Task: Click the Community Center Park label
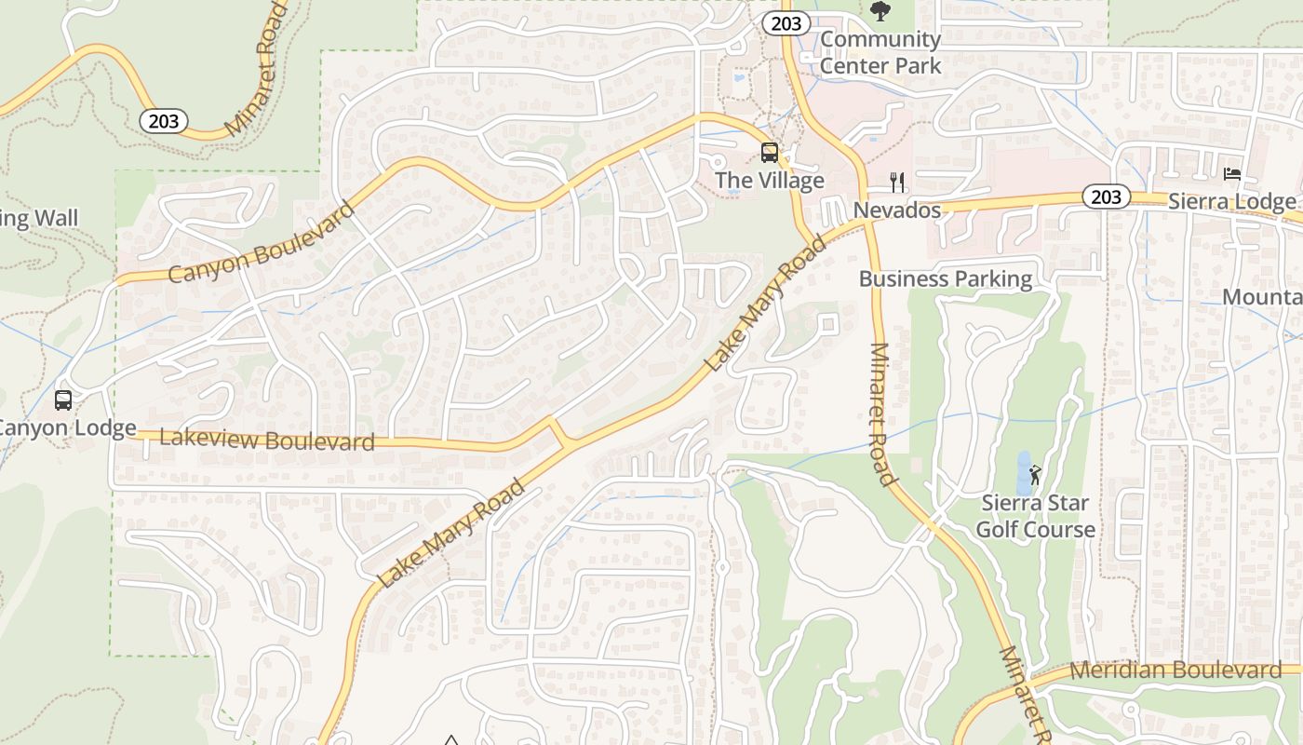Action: point(880,52)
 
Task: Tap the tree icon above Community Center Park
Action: point(880,11)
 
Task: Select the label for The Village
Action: point(770,180)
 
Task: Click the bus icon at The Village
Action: point(770,153)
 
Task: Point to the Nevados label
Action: point(897,210)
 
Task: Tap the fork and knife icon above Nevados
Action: point(897,181)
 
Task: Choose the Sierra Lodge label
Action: point(1231,201)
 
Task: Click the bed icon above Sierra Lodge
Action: point(1231,174)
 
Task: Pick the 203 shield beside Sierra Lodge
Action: point(1106,196)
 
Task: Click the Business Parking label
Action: point(946,278)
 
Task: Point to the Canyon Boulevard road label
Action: point(262,242)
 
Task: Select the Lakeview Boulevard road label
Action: point(267,439)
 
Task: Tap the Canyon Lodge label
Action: point(65,428)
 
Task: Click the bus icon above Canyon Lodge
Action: point(63,400)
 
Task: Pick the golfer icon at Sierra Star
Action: point(1036,474)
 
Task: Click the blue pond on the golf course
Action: point(1023,472)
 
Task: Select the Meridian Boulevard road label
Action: point(1175,670)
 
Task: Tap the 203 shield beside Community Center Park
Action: point(786,23)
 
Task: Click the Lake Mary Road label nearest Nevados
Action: point(766,305)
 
